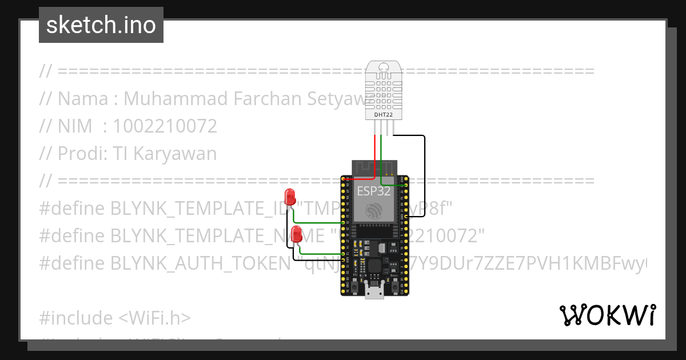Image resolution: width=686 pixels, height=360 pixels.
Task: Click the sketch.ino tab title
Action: (x=101, y=25)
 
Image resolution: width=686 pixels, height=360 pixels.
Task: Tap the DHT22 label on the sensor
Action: (x=383, y=115)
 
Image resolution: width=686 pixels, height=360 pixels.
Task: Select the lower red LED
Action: (x=297, y=233)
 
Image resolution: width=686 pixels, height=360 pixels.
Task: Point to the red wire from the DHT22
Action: (x=375, y=154)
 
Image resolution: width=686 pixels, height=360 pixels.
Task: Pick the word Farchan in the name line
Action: (x=269, y=99)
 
